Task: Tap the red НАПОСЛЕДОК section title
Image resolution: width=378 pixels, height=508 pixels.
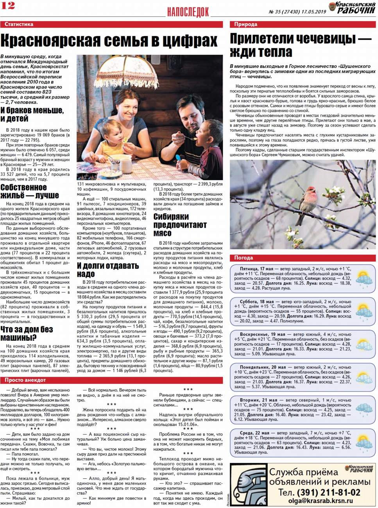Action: (188, 12)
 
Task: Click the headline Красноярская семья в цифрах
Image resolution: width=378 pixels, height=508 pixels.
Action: (109, 41)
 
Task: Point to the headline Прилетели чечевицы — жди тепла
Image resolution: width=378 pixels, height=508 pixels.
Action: (300, 45)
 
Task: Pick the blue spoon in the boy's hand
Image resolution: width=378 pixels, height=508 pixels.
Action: (178, 158)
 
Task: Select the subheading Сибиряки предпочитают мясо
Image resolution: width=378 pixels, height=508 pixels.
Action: (180, 225)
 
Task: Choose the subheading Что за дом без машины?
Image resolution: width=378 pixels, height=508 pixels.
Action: (27, 333)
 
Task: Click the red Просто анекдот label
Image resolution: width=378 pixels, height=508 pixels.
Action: (25, 380)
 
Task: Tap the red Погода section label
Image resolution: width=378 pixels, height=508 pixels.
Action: (244, 258)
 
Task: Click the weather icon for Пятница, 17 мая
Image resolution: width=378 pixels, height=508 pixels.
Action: (364, 279)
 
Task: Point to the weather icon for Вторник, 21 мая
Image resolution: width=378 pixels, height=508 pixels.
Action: (364, 410)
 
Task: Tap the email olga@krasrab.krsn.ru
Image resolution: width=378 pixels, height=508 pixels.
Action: (321, 501)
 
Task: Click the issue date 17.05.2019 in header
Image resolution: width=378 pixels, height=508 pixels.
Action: (314, 12)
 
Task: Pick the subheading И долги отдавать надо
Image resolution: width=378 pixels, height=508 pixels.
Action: (107, 270)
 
